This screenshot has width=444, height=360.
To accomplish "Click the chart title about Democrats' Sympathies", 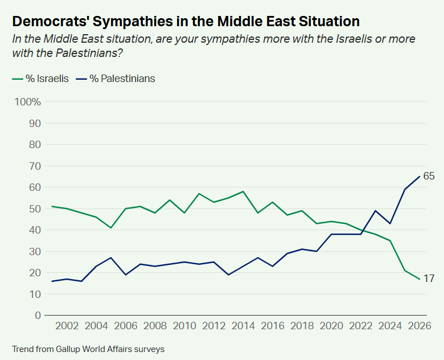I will click(186, 22).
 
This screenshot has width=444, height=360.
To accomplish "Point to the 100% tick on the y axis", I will click(28, 103).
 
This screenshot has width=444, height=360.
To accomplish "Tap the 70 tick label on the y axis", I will click(35, 166).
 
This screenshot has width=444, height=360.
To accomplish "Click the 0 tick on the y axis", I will click(38, 316).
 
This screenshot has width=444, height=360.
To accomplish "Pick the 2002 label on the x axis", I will click(67, 326).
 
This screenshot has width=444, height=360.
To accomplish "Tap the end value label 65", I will click(429, 177).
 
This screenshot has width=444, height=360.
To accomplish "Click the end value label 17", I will click(429, 279).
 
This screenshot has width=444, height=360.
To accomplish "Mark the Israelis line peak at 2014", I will click(243, 191).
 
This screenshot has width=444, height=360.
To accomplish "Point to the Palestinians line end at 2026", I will click(420, 177).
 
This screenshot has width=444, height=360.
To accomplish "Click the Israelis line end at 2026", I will click(420, 279).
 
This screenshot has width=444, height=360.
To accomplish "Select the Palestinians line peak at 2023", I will click(376, 211).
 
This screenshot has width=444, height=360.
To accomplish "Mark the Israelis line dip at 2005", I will click(111, 228).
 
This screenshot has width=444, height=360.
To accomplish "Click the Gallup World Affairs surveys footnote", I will click(88, 349).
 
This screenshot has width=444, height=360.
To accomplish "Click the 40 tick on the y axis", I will click(35, 230).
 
